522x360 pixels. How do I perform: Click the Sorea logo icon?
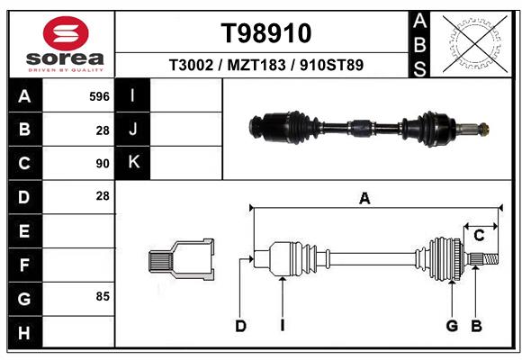point(66,33)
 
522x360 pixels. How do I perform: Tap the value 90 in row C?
point(102,164)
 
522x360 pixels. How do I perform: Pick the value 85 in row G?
point(101,295)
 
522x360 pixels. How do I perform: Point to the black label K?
point(133,163)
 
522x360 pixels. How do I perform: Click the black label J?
point(133,130)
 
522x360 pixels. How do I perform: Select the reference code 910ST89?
point(331,66)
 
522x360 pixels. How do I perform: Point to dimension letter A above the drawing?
point(364,199)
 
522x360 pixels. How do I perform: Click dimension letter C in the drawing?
point(479,235)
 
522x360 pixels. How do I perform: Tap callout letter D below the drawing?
point(240,326)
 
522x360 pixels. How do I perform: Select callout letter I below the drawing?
point(282,326)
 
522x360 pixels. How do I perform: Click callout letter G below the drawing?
point(452,326)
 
